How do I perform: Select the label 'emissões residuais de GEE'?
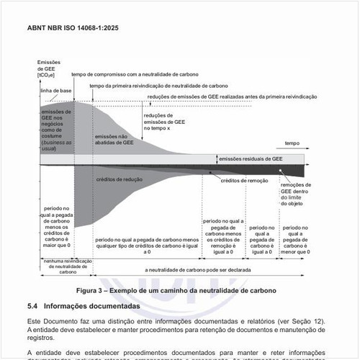point(251,158)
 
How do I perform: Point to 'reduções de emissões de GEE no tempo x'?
point(165,122)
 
